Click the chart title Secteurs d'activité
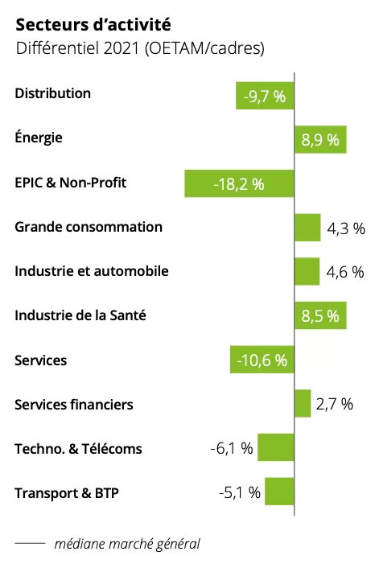(x=93, y=25)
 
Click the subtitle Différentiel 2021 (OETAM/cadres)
(x=140, y=48)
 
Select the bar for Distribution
(x=265, y=96)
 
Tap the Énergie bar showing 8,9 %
(x=320, y=139)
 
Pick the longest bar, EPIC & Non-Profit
(x=239, y=183)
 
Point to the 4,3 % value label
(x=346, y=228)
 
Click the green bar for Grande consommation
(x=307, y=228)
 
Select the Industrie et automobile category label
(x=92, y=271)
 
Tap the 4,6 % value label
(x=345, y=272)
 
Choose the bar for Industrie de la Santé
(x=320, y=315)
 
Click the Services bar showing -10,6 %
(x=262, y=360)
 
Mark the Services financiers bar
(x=303, y=404)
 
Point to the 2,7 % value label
(x=335, y=404)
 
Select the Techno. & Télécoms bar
(x=276, y=447)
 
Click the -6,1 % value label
(x=232, y=448)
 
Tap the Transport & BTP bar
(x=279, y=492)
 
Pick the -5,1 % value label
(x=240, y=492)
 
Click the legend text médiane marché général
(x=127, y=544)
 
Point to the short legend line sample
(x=30, y=543)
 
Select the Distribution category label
(x=53, y=93)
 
